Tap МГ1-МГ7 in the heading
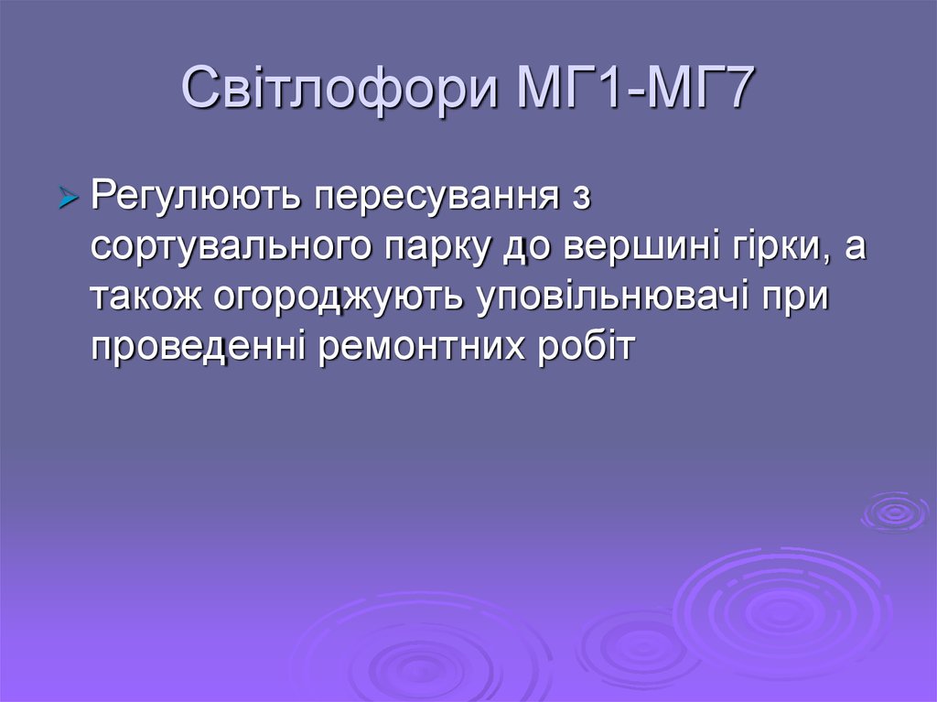click(x=634, y=87)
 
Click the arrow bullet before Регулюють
click(x=69, y=198)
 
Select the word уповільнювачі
click(x=612, y=297)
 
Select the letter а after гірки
click(x=856, y=247)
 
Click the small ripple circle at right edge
click(x=895, y=512)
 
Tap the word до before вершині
click(x=525, y=247)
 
